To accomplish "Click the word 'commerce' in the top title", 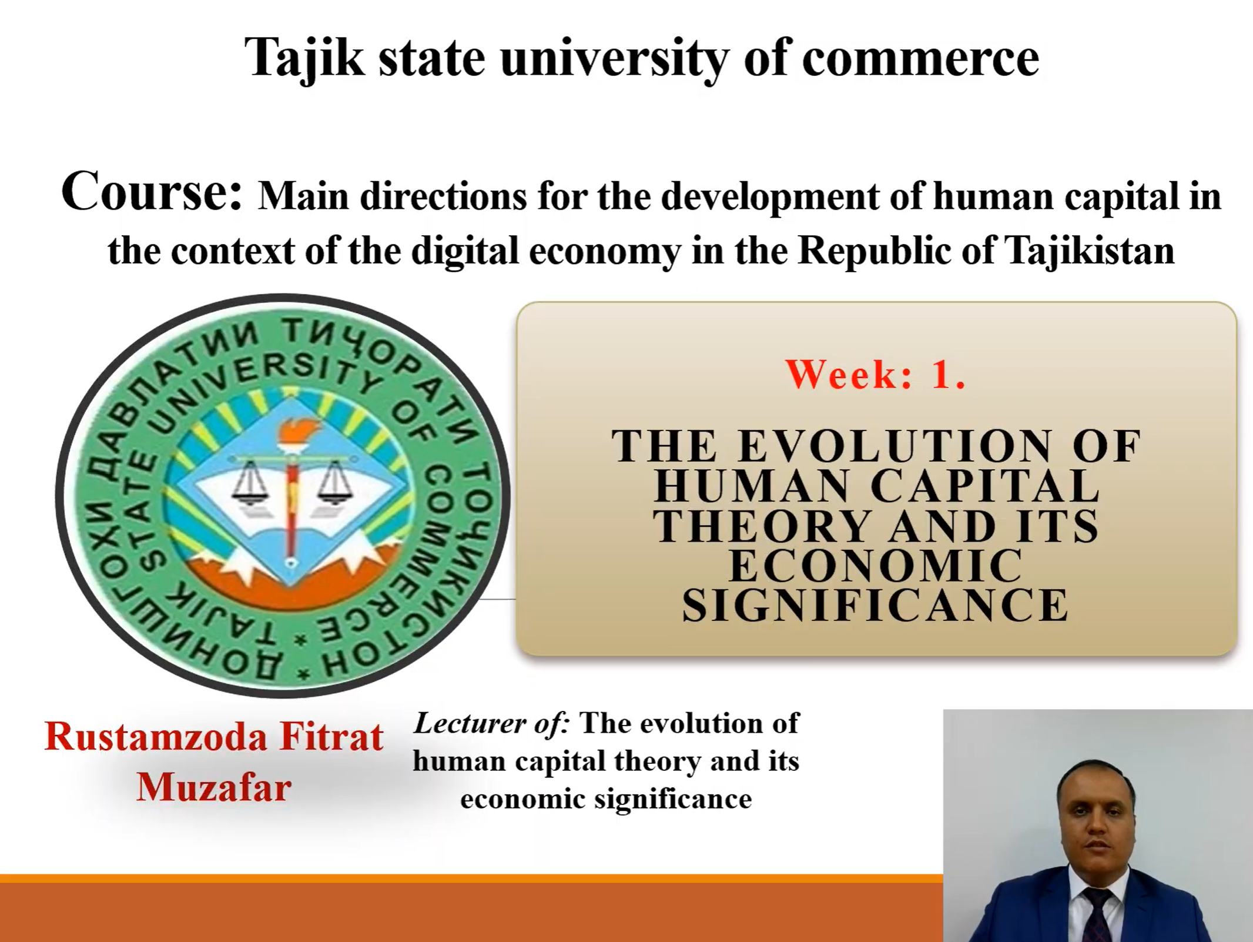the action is point(920,59).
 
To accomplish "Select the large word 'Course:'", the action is point(152,191).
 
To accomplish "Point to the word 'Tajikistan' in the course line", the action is point(1090,250).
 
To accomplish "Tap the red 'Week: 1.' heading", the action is point(875,374).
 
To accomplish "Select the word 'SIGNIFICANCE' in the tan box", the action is point(875,604).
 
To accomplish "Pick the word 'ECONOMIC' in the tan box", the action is point(875,565).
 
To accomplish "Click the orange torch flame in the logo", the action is point(292,433).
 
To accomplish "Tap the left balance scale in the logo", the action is point(250,482).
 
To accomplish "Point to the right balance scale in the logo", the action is point(334,482).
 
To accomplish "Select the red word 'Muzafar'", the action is point(214,788).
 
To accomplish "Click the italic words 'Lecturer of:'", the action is point(492,723).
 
